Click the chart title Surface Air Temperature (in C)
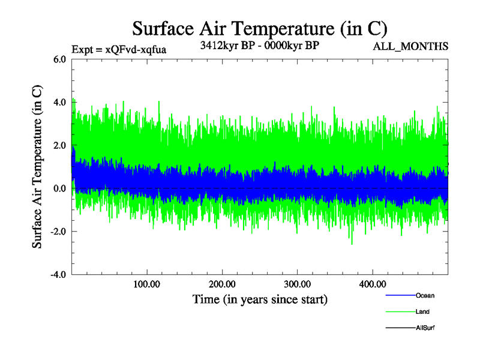(259, 28)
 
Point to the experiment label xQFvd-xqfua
(118, 50)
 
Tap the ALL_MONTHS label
(411, 47)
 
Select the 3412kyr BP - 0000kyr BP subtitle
(259, 45)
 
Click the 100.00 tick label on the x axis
(146, 284)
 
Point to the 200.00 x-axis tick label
(222, 284)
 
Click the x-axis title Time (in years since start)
(259, 299)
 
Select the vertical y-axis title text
(37, 167)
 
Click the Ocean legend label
(425, 296)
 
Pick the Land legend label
(422, 312)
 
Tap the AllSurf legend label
(425, 328)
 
